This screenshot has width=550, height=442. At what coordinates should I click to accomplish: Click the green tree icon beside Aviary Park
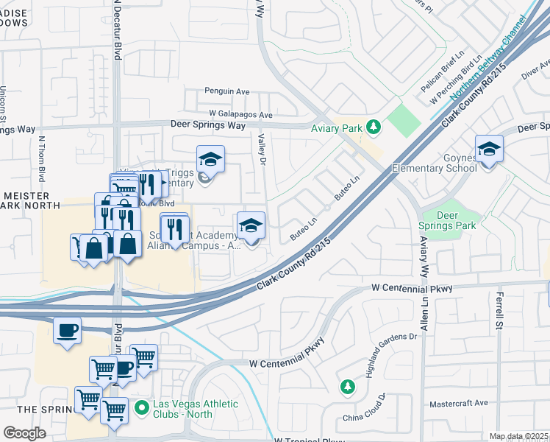point(374,127)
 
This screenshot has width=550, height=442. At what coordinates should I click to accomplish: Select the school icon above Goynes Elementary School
point(489,150)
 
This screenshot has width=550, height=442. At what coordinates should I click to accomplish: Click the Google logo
point(24,433)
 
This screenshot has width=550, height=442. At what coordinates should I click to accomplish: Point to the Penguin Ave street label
point(227,91)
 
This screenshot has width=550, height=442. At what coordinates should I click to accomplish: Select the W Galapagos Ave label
point(240,115)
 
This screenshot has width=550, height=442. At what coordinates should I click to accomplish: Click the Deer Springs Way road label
point(208,125)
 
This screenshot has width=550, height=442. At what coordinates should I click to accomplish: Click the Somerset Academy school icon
point(251,225)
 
